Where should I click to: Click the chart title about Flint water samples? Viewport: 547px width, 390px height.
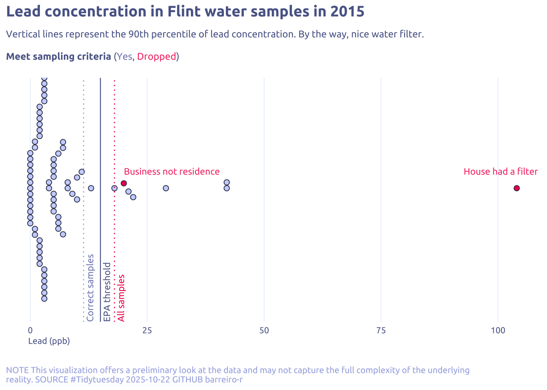185,12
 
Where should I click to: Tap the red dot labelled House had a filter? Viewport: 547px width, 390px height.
516,188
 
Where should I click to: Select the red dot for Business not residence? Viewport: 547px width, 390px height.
124,183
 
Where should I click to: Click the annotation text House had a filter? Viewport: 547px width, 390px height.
501,172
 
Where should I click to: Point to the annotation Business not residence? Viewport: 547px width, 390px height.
172,172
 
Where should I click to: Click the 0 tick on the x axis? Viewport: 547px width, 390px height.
30,331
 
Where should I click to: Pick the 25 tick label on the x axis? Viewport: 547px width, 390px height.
147,331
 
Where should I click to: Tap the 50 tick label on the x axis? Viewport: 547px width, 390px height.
264,331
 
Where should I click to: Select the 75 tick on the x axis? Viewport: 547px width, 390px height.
381,331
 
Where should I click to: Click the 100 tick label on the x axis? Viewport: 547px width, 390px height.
498,331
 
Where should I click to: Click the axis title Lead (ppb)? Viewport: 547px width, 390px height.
49,341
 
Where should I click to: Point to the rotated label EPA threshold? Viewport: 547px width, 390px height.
107,292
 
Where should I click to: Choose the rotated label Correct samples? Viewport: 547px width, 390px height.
91,288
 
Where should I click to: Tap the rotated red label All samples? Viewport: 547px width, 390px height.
121,298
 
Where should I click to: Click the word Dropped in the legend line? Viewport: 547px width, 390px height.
156,57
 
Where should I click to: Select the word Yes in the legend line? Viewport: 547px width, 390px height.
125,57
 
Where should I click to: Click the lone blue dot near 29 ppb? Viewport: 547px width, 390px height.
166,188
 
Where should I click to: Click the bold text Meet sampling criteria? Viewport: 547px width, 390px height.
59,57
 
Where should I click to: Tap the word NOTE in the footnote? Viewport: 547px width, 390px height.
18,370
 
